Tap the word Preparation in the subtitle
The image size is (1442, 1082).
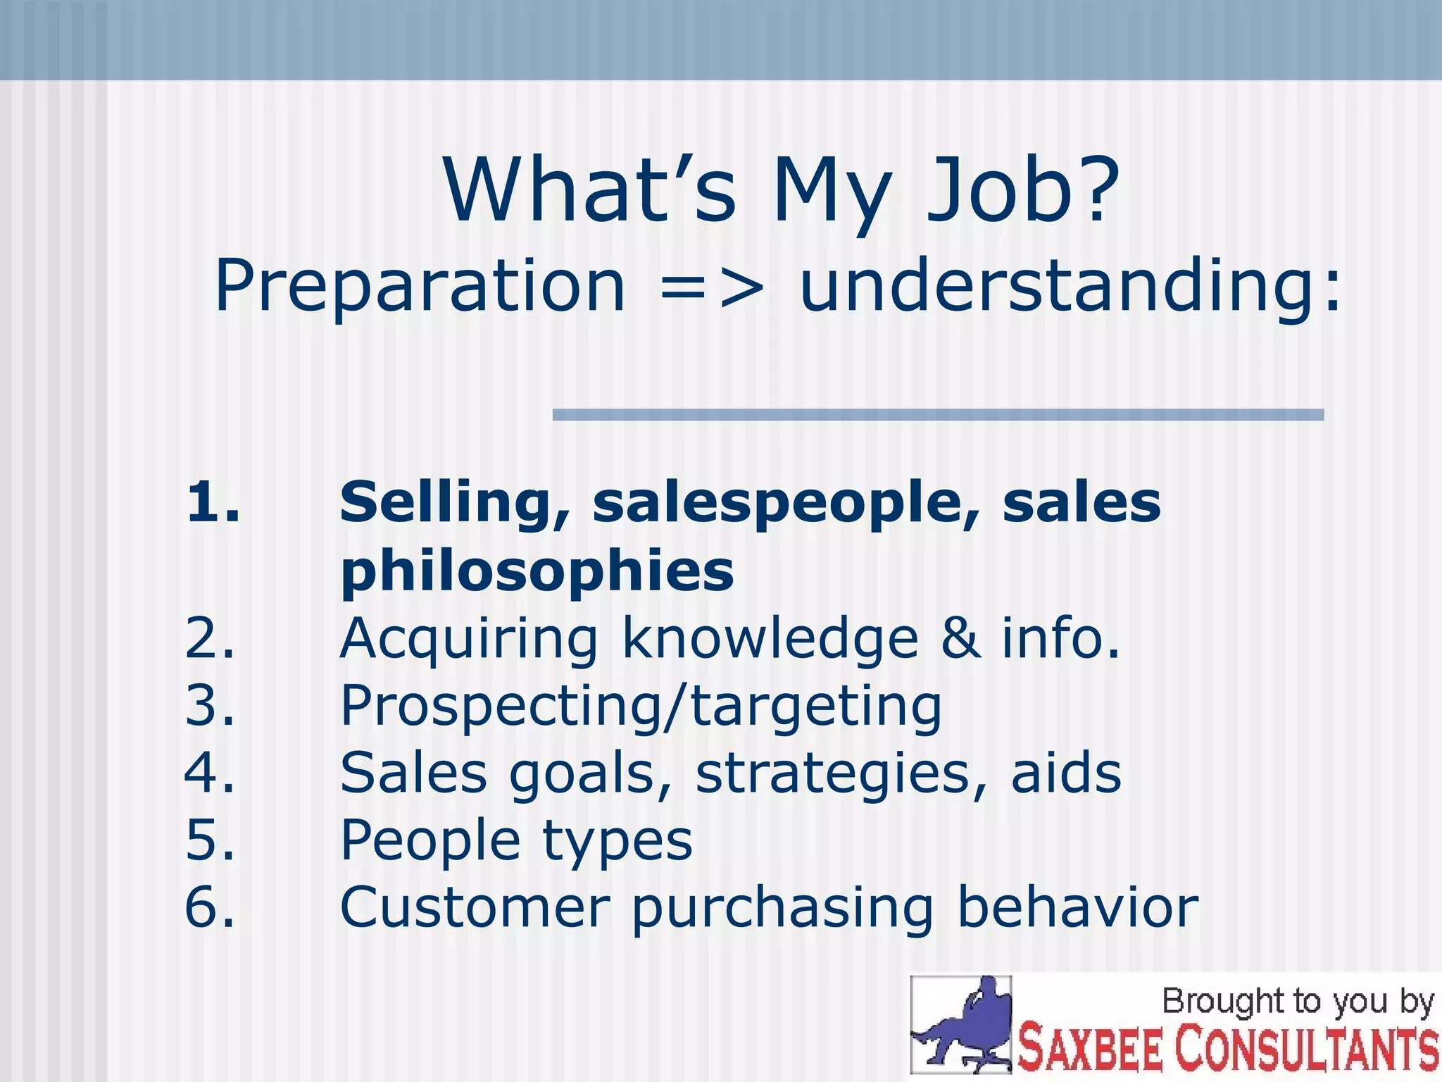pos(420,286)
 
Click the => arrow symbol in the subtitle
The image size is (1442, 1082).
pos(712,287)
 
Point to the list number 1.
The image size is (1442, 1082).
pos(212,502)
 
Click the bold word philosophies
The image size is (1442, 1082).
pos(537,571)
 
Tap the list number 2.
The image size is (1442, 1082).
pos(210,638)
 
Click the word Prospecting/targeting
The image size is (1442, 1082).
pos(641,707)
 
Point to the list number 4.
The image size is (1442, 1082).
pos(210,773)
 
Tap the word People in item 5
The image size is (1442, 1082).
pos(430,840)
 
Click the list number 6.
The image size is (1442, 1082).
pos(210,907)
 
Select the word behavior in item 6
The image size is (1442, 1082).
pos(1077,907)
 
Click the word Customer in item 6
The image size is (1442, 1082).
pos(475,907)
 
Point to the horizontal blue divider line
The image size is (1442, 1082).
pos(938,415)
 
